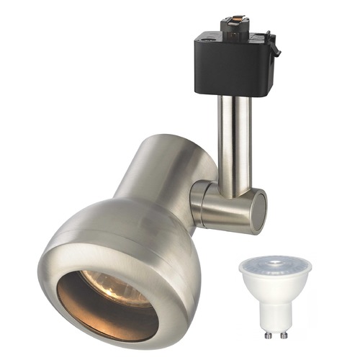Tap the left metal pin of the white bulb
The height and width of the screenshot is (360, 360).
267,332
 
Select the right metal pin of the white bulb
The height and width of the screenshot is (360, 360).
286,332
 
